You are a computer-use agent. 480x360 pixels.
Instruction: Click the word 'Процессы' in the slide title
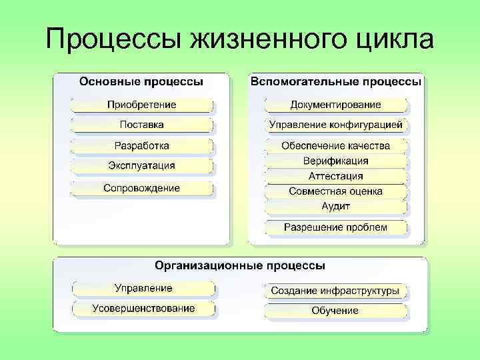pyautogui.click(x=113, y=41)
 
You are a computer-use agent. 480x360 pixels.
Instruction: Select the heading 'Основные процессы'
pyautogui.click(x=141, y=81)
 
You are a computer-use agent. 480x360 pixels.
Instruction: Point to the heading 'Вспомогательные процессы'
pyautogui.click(x=336, y=81)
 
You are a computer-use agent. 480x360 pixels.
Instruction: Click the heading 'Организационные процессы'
pyautogui.click(x=240, y=265)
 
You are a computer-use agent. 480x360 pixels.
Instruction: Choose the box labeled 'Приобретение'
pyautogui.click(x=142, y=105)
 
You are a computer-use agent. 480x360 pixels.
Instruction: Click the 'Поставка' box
pyautogui.click(x=142, y=125)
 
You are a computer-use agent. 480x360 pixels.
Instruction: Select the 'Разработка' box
pyautogui.click(x=142, y=145)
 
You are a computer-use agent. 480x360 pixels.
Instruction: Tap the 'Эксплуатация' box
pyautogui.click(x=142, y=165)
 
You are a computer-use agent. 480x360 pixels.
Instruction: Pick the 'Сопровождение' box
pyautogui.click(x=142, y=189)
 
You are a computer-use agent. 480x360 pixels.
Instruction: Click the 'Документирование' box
pyautogui.click(x=336, y=105)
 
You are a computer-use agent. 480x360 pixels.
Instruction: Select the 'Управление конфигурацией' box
pyautogui.click(x=336, y=125)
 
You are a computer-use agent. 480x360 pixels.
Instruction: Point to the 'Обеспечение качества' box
pyautogui.click(x=336, y=145)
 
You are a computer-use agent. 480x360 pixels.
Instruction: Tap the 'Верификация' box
pyautogui.click(x=336, y=161)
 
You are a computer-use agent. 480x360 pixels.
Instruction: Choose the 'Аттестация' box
pyautogui.click(x=336, y=176)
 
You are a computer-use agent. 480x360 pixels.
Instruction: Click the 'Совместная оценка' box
pyautogui.click(x=336, y=191)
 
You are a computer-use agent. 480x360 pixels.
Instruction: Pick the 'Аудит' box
pyautogui.click(x=336, y=207)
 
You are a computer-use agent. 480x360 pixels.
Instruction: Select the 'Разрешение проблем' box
pyautogui.click(x=336, y=227)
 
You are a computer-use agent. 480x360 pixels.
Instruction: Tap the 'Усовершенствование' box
pyautogui.click(x=144, y=308)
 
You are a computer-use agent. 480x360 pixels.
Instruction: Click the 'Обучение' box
pyautogui.click(x=335, y=311)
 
